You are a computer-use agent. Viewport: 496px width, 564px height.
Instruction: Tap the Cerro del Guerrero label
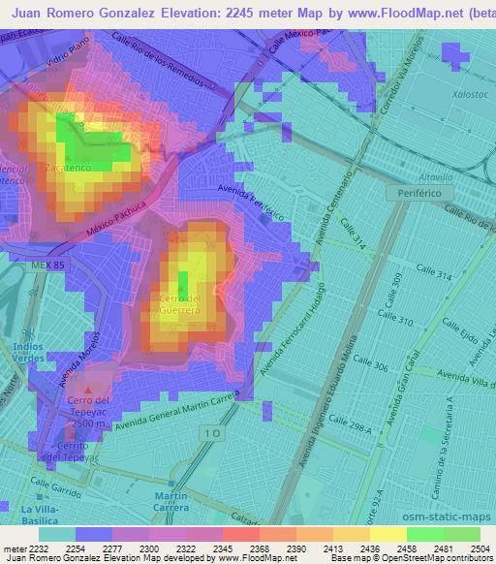(180, 303)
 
